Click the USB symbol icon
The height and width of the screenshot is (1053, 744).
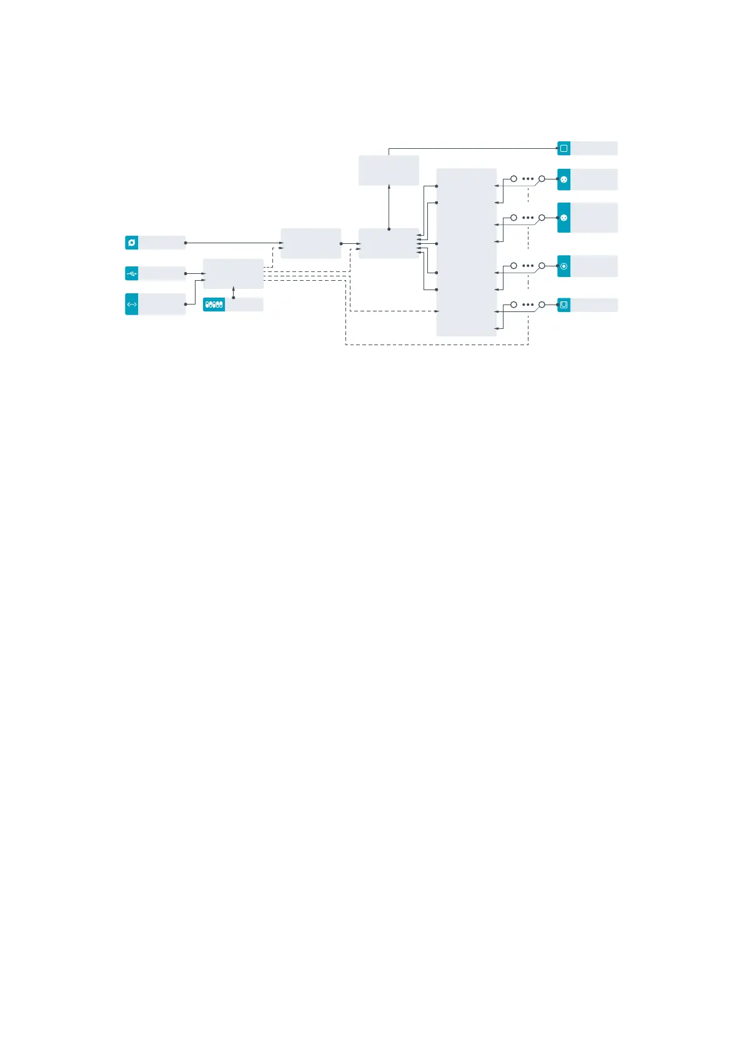tap(131, 273)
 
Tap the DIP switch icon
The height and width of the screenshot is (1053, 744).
tap(214, 305)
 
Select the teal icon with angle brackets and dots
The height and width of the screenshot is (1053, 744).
tap(131, 305)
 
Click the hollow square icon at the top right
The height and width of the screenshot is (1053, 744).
tap(563, 148)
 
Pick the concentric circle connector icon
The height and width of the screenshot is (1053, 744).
tap(563, 266)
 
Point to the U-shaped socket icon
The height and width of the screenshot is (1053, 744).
tap(563, 305)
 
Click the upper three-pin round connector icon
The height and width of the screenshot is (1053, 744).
tap(563, 179)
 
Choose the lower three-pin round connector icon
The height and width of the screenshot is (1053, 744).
tap(563, 218)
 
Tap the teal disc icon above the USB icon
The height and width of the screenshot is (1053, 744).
tap(131, 243)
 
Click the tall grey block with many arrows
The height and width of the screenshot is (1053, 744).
tap(466, 252)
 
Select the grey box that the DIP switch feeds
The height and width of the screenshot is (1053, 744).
tap(233, 273)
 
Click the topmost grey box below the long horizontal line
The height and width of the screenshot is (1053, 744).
tap(389, 170)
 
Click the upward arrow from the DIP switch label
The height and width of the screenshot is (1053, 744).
tap(233, 290)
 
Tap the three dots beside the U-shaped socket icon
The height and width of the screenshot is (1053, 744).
tap(528, 305)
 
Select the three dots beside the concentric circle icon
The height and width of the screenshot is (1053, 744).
tap(528, 266)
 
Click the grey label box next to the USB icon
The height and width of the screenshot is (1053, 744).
tap(162, 273)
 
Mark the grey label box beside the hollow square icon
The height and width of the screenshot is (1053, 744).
tap(594, 148)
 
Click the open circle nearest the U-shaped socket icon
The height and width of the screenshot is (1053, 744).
tap(542, 305)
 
